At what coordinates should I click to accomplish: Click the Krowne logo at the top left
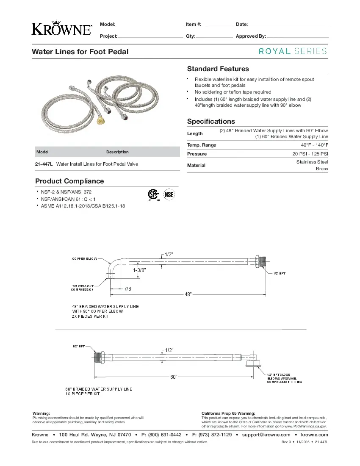pyautogui.click(x=61, y=28)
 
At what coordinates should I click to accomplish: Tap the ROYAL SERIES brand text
pyautogui.click(x=293, y=51)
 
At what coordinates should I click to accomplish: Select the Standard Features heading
pyautogui.click(x=218, y=69)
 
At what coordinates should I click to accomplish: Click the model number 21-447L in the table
pyautogui.click(x=44, y=164)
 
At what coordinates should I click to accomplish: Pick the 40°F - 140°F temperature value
pyautogui.click(x=314, y=145)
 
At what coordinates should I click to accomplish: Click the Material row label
pyautogui.click(x=197, y=165)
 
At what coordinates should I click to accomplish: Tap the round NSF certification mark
pyautogui.click(x=169, y=194)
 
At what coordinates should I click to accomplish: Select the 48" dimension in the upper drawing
pyautogui.click(x=188, y=294)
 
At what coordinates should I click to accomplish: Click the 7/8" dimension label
pyautogui.click(x=128, y=289)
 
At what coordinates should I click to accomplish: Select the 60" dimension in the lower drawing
pyautogui.click(x=174, y=377)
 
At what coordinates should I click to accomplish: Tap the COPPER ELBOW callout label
pyautogui.click(x=85, y=258)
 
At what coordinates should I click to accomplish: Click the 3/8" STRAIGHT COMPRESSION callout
pyautogui.click(x=83, y=288)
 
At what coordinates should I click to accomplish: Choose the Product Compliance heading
pyautogui.click(x=69, y=181)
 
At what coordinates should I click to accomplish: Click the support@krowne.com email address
pyautogui.click(x=266, y=435)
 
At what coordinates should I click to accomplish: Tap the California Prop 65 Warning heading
pyautogui.click(x=228, y=413)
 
